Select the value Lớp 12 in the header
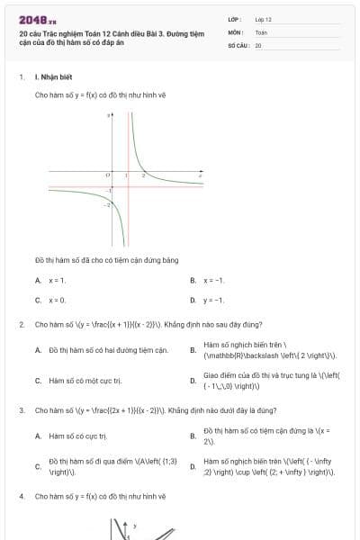pos(263,19)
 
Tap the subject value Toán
pos(261,31)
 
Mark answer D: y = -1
pos(213,300)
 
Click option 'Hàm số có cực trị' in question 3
pos(77,436)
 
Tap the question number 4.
pos(21,496)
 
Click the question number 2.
pos(21,324)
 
